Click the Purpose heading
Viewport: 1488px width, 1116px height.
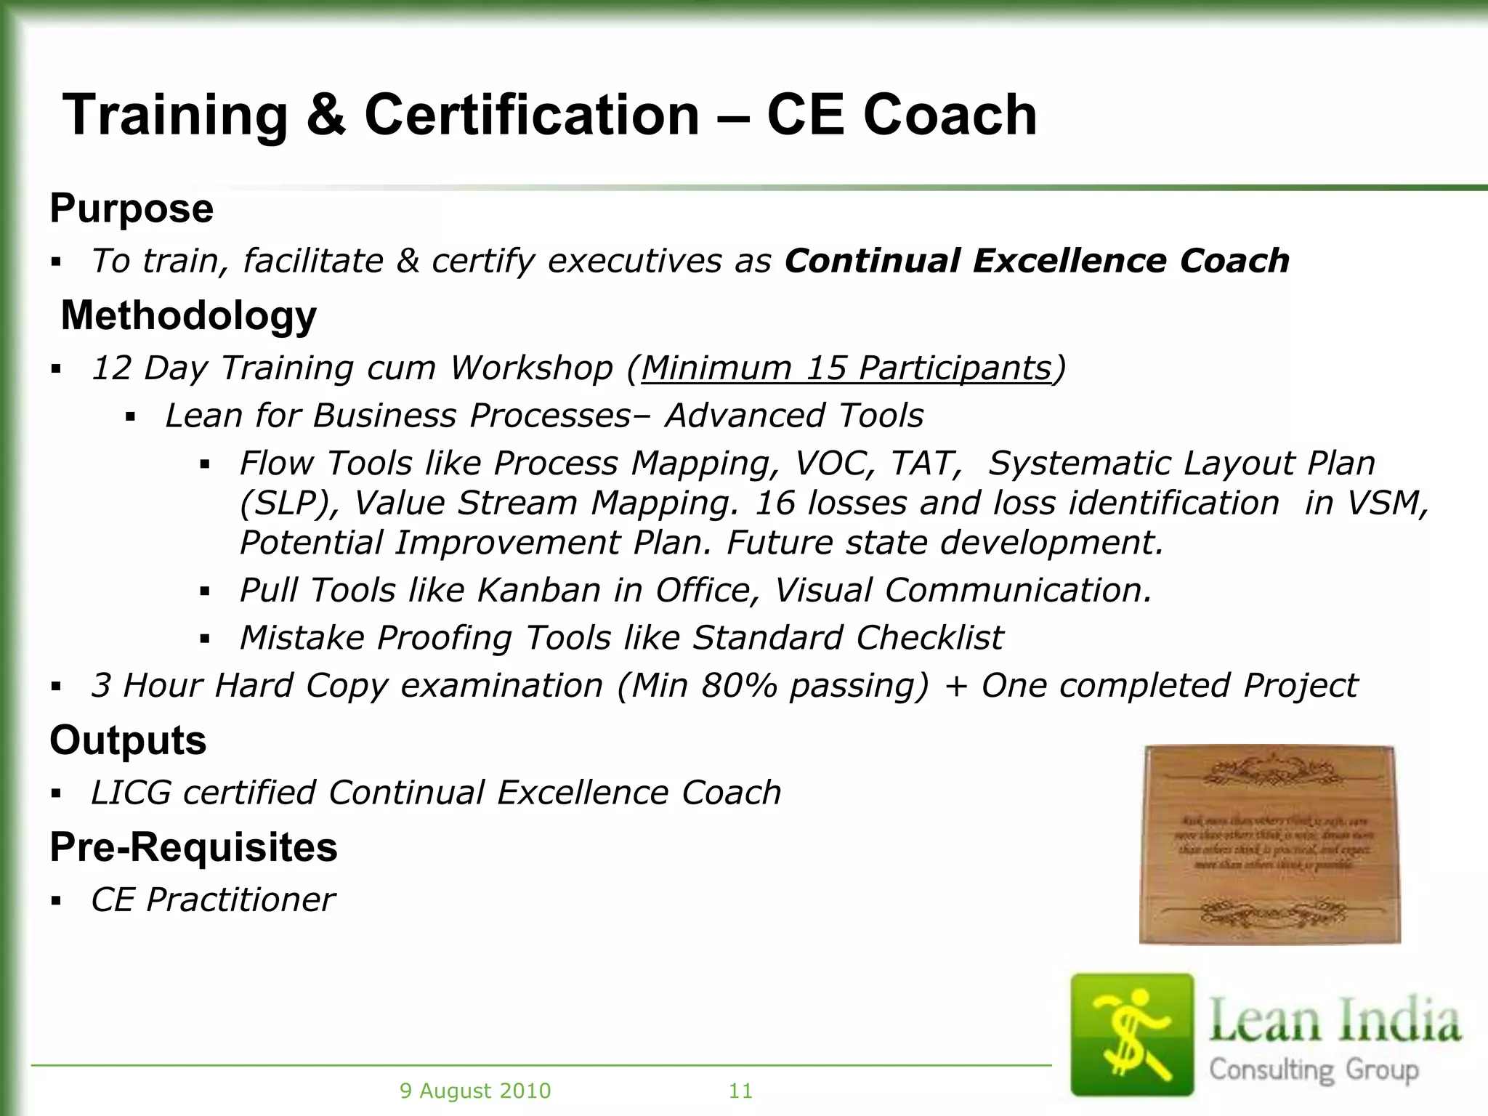tap(132, 209)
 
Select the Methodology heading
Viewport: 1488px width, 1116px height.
tap(189, 315)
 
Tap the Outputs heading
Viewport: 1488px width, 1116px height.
tap(128, 740)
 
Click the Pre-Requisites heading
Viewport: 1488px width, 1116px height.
tap(193, 847)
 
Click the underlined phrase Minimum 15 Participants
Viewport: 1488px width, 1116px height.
tap(846, 368)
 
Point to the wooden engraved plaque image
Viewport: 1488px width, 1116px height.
tap(1269, 845)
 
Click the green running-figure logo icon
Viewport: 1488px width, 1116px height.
tap(1132, 1034)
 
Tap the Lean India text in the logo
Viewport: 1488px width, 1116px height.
tap(1334, 1022)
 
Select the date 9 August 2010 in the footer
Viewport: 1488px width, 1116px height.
tap(475, 1091)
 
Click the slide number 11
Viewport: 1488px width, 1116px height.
tap(740, 1091)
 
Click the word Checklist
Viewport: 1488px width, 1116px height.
tap(929, 638)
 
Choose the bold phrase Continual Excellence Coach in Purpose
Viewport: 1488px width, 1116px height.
tap(1037, 261)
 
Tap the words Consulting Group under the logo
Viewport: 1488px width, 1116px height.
tap(1314, 1069)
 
